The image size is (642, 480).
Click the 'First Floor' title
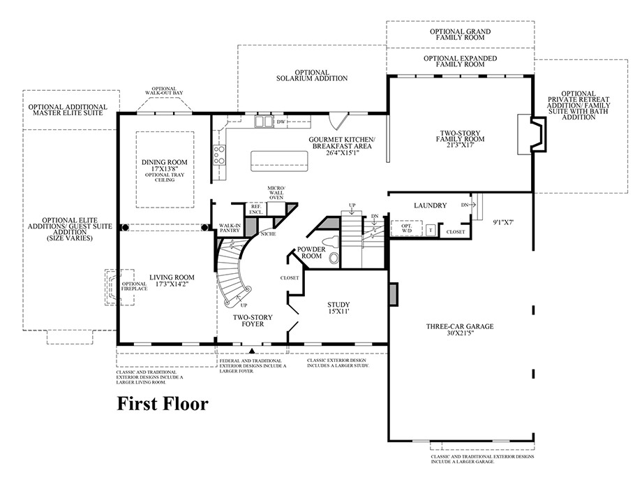point(162,404)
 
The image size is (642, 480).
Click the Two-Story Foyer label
point(253,321)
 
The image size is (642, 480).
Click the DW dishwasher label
point(281,122)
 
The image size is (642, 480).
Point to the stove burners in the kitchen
point(219,154)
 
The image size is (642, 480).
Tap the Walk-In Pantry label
point(230,228)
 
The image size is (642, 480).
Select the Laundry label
point(430,205)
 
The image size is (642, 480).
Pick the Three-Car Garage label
point(460,329)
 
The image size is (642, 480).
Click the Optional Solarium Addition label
point(311,75)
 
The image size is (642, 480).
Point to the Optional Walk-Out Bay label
point(164,91)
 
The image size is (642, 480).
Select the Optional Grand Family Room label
point(461,35)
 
